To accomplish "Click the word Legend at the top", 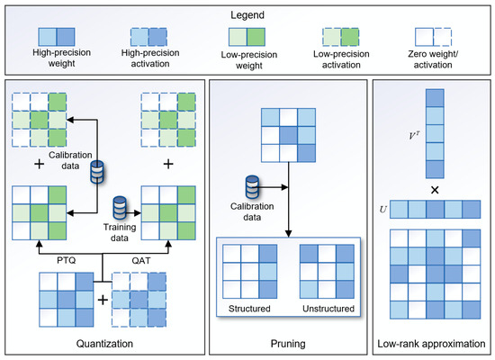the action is (x=247, y=14).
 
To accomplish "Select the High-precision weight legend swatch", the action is (x=57, y=37).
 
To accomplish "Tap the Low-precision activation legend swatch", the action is (x=340, y=37).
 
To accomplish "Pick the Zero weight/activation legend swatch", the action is (x=433, y=37).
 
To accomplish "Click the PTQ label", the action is (x=67, y=260).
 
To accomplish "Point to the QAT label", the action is (x=141, y=260).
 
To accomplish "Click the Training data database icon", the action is (x=120, y=208).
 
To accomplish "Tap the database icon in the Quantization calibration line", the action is (x=97, y=172).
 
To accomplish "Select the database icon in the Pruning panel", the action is (x=252, y=187).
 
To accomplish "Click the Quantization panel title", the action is (x=104, y=344).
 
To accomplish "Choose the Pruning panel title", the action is (x=288, y=344).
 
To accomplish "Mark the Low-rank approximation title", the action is (x=431, y=344).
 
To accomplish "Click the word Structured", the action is (x=249, y=309).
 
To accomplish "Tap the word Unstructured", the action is (x=328, y=309).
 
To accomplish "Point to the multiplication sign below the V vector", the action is (x=435, y=190).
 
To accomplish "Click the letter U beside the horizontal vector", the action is (x=382, y=210).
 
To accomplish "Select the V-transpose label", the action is (x=414, y=136).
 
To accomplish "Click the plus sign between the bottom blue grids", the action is (x=103, y=300).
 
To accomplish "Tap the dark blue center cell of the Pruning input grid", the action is (x=288, y=135).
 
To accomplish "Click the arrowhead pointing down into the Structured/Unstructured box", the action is (x=288, y=233).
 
